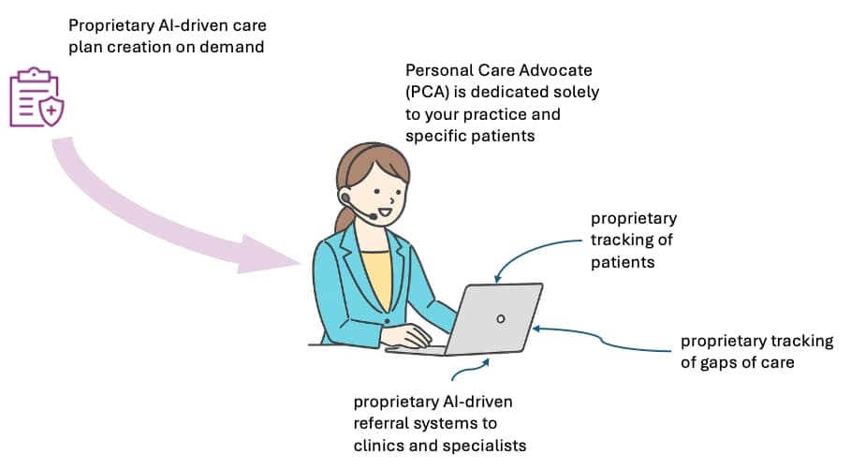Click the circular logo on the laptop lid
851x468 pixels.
(x=501, y=318)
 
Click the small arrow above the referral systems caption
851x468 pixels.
(x=468, y=369)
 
